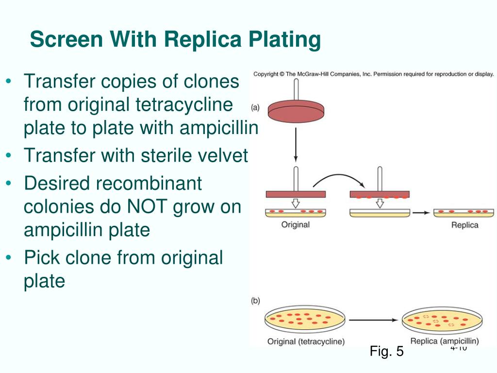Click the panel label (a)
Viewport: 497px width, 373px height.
pos(256,106)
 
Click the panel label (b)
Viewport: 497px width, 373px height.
pos(256,301)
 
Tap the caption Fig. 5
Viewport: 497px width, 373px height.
pos(386,351)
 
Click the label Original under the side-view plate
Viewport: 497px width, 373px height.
pos(295,225)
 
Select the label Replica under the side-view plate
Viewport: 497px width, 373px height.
pos(464,225)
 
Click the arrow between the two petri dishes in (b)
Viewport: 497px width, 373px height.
pos(374,320)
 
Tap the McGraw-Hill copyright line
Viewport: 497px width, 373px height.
pos(373,74)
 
